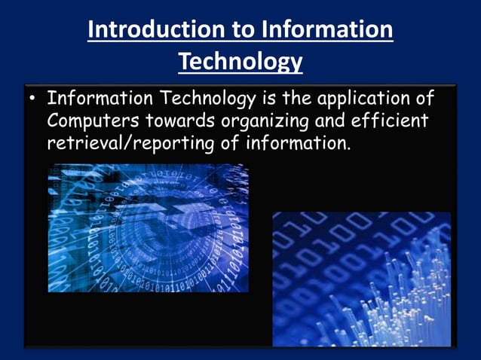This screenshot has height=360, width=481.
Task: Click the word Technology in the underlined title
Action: [x=240, y=62]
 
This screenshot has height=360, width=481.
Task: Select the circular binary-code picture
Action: [x=148, y=228]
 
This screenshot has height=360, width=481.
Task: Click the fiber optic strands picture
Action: [x=361, y=279]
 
